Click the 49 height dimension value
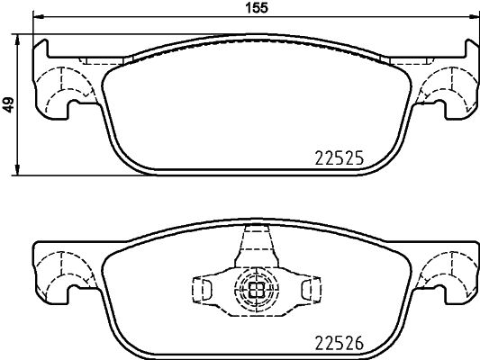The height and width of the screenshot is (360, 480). point(8,105)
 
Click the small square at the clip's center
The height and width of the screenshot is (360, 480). point(255,290)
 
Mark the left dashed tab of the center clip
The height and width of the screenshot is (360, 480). point(204,289)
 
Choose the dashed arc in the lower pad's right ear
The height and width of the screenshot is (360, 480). point(443,270)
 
